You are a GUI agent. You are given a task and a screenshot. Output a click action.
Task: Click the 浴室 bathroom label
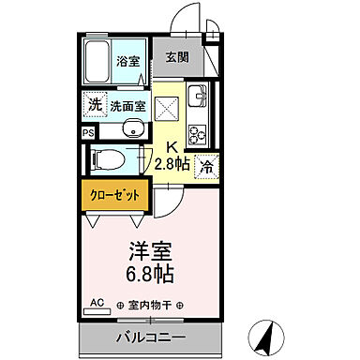[x=127, y=63]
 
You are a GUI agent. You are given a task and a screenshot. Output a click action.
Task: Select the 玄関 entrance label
[x=178, y=57]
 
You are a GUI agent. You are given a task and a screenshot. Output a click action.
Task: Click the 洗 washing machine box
[x=95, y=104]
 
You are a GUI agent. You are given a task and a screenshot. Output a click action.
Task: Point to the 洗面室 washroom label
[x=128, y=105]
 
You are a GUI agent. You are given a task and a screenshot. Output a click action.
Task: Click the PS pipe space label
[x=88, y=133]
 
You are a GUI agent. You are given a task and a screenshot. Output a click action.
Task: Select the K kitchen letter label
[x=172, y=145]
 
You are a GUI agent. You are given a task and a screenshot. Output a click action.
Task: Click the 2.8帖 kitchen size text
[x=172, y=161]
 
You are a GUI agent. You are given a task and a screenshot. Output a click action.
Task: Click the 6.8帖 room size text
[x=150, y=275]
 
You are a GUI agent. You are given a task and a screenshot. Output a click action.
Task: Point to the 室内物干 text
[x=150, y=305]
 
